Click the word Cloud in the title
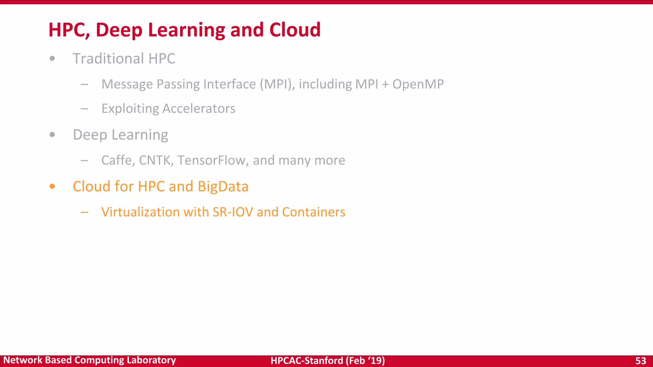point(295,30)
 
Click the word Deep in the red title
point(119,30)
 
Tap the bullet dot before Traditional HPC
point(52,58)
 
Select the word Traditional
point(108,59)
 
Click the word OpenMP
point(418,84)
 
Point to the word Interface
point(229,84)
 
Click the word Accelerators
point(199,109)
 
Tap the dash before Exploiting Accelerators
point(84,109)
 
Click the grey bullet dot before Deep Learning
point(52,134)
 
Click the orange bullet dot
point(52,186)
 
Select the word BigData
point(223,187)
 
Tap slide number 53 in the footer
point(641,361)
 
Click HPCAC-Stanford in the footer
point(307,361)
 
